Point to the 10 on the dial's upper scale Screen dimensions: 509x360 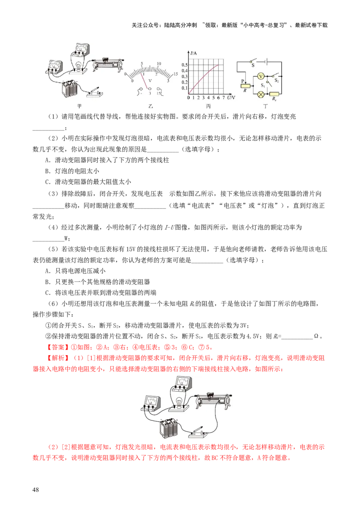point(158,64)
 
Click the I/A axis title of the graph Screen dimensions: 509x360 point(193,54)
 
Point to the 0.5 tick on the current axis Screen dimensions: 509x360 point(184,65)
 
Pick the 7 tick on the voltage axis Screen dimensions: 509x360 point(224,98)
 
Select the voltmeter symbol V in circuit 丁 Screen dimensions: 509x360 point(260,77)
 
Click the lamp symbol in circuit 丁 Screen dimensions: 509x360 point(260,95)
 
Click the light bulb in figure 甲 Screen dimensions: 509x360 point(80,67)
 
